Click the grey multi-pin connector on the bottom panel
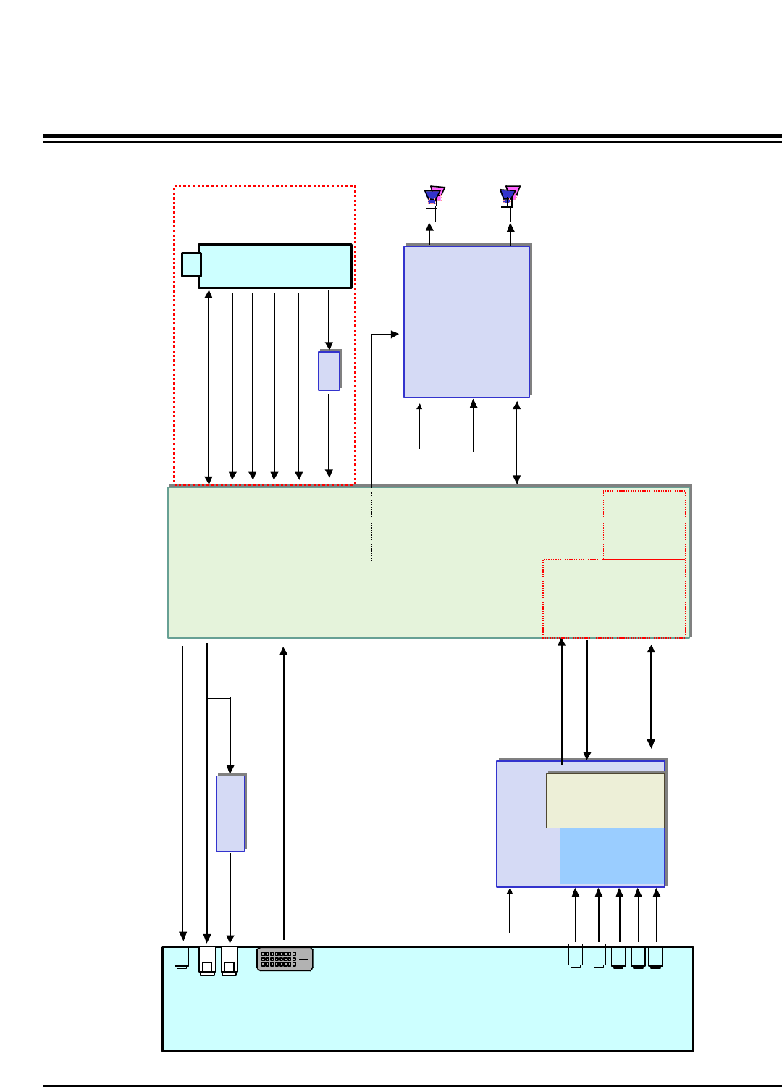(285, 959)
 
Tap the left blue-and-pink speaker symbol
(434, 196)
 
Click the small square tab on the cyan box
(191, 264)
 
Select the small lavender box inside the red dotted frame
(329, 371)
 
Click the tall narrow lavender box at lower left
(230, 813)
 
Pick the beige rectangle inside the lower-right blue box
(605, 800)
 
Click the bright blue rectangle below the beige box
(612, 856)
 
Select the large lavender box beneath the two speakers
(466, 322)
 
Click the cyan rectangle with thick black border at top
(275, 266)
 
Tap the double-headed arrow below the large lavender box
(516, 442)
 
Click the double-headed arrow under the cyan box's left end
(209, 387)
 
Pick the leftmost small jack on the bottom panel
(182, 957)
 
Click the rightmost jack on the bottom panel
(655, 957)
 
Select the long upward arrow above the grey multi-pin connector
(284, 793)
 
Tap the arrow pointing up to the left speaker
(429, 235)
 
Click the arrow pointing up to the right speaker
(510, 235)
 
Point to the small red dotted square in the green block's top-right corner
(644, 524)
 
